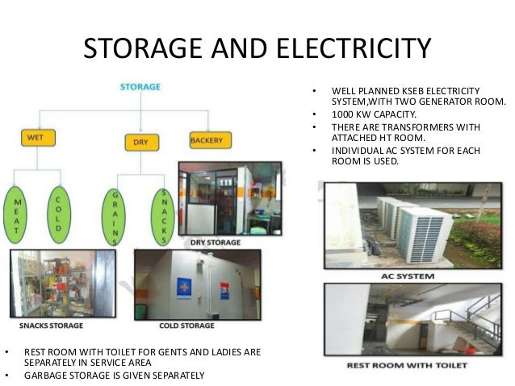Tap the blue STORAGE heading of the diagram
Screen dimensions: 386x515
coord(140,86)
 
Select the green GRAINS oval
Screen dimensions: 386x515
coord(115,216)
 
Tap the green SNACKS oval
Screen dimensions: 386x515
coord(164,216)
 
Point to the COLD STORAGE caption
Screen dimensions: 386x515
coord(187,326)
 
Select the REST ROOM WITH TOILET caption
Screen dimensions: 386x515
coord(406,365)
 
